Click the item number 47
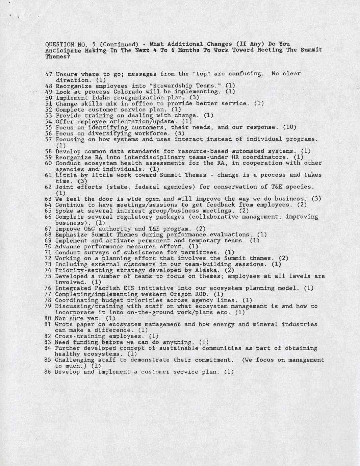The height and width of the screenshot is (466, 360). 49,74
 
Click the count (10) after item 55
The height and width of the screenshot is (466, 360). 289,127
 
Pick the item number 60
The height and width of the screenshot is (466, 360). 49,163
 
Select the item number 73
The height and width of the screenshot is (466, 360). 48,264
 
